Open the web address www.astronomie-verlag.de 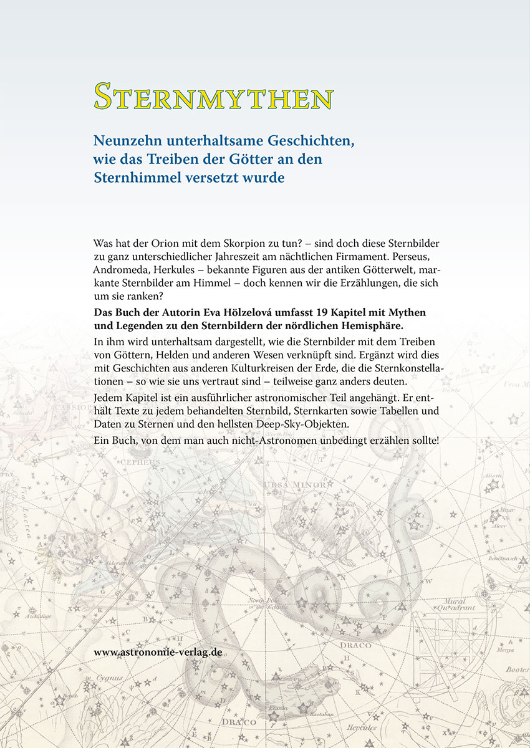[x=158, y=652]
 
